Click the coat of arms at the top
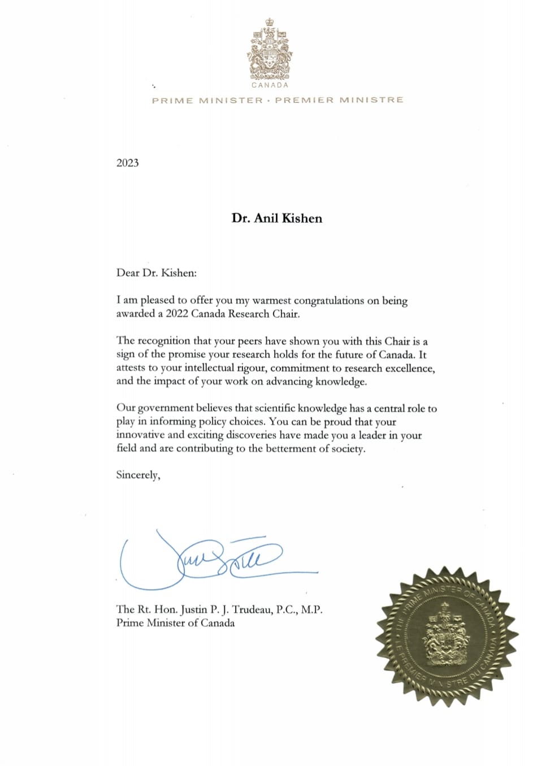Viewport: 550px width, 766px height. [270, 49]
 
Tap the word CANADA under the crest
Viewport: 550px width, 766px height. [270, 85]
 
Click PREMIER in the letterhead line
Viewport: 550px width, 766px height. [304, 100]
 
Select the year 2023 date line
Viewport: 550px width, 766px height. [128, 163]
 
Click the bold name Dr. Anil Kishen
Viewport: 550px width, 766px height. [276, 218]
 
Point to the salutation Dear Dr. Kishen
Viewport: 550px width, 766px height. [156, 272]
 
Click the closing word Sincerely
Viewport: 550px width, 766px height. [137, 475]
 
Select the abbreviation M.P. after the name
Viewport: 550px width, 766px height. [311, 609]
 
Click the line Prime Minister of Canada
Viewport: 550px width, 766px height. [175, 623]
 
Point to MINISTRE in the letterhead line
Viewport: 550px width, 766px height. [371, 100]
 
